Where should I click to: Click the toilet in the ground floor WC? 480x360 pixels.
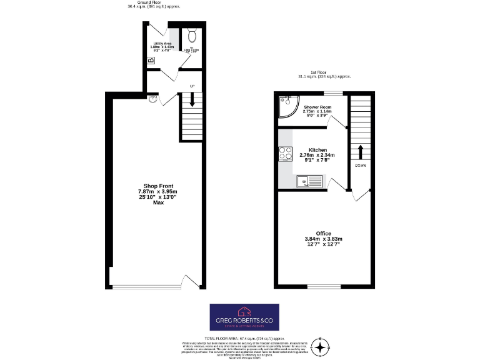pyautogui.click(x=192, y=35)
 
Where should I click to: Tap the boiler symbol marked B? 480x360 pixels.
pyautogui.click(x=150, y=61)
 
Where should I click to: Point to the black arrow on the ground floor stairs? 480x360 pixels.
pyautogui.click(x=192, y=99)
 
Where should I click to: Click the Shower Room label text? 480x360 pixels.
pyautogui.click(x=317, y=107)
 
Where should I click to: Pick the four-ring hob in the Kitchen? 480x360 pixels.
pyautogui.click(x=285, y=154)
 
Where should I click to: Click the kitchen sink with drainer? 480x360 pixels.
pyautogui.click(x=307, y=182)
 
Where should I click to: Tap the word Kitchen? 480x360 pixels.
pyautogui.click(x=317, y=150)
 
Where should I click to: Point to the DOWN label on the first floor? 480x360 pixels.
pyautogui.click(x=360, y=166)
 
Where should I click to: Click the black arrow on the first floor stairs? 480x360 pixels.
pyautogui.click(x=360, y=152)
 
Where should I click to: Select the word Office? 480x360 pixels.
pyautogui.click(x=323, y=233)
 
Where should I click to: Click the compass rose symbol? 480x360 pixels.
pyautogui.click(x=321, y=347)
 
